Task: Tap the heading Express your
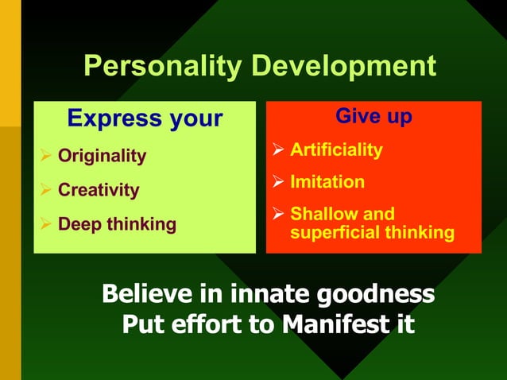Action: (145, 118)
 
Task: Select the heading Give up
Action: (373, 116)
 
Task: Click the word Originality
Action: (102, 156)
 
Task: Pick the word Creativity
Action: (99, 190)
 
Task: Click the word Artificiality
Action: (336, 149)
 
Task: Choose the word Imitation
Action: (327, 182)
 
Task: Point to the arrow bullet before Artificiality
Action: (278, 149)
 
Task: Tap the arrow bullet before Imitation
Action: (278, 182)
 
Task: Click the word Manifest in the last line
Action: (327, 324)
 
